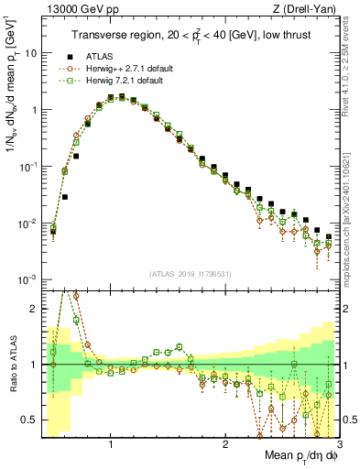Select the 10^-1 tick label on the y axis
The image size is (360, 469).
[x=27, y=167]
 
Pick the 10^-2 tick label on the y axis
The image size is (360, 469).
[x=27, y=224]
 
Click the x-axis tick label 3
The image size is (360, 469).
[x=339, y=445]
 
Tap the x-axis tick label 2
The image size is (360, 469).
[x=225, y=445]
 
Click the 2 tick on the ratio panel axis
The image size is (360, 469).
[x=33, y=309]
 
